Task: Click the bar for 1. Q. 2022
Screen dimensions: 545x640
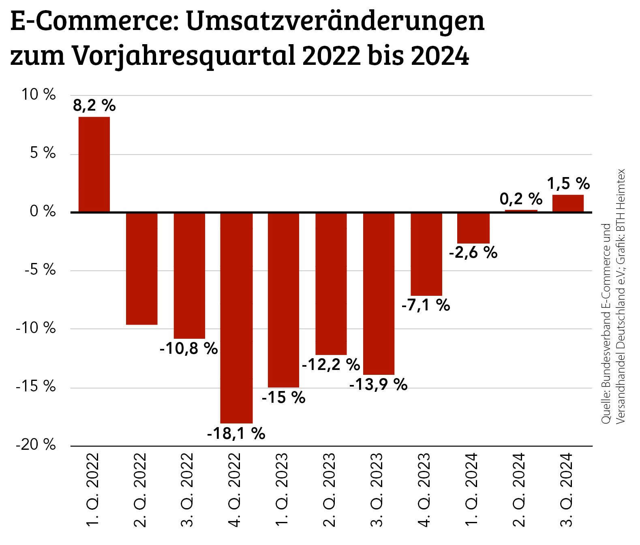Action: point(94,164)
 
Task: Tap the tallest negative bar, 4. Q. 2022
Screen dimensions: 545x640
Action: point(236,318)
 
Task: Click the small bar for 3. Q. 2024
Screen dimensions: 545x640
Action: point(568,203)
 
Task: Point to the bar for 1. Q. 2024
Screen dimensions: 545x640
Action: point(473,228)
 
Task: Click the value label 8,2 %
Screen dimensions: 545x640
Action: point(94,106)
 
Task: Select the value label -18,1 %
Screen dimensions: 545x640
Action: point(236,434)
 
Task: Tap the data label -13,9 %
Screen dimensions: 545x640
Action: point(378,384)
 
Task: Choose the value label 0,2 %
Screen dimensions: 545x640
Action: point(521,199)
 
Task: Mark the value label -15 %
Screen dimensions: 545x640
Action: point(283,398)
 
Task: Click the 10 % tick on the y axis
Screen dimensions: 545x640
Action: point(39,95)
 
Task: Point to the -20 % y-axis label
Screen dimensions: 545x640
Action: point(36,445)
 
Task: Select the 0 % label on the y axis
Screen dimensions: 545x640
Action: point(43,211)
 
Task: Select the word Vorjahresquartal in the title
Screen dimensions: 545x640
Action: point(185,56)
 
